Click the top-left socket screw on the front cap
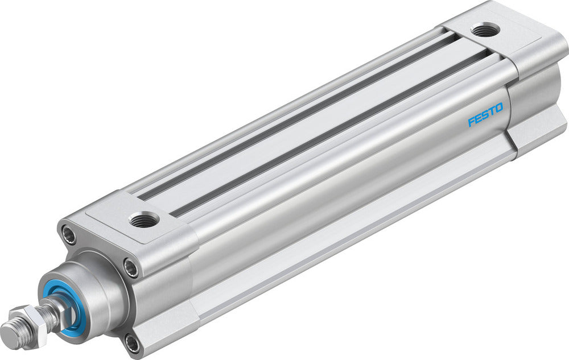[69, 234]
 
